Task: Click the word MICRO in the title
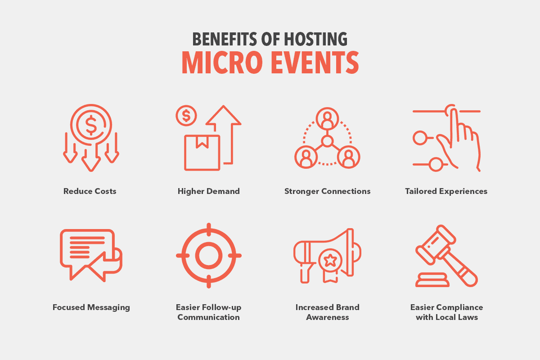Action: pos(222,63)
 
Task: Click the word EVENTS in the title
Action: pos(315,63)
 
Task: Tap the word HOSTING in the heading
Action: pos(315,39)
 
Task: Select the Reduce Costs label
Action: pos(90,191)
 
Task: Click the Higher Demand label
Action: pos(208,191)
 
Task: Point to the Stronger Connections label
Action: pos(328,191)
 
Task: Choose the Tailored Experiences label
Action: pos(446,191)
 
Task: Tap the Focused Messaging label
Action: pos(91,307)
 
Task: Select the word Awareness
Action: pos(328,317)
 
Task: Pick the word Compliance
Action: pos(460,307)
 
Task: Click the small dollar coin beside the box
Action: pos(186,116)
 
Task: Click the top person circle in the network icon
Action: pos(327,119)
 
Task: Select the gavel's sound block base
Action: pos(432,280)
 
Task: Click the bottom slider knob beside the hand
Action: pos(436,164)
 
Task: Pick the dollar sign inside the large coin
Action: pos(91,125)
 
